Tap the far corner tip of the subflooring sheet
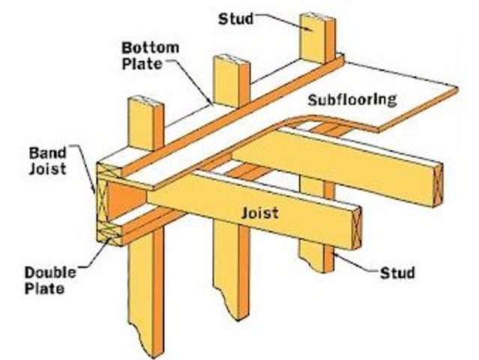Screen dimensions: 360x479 456,91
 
